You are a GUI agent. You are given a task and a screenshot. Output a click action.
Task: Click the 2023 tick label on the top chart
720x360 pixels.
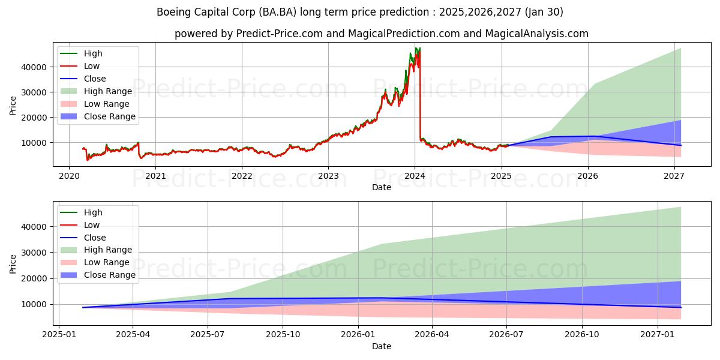point(328,176)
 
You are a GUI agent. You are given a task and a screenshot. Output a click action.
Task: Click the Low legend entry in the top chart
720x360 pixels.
point(92,66)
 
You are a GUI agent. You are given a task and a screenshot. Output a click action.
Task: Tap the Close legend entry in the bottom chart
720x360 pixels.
point(95,238)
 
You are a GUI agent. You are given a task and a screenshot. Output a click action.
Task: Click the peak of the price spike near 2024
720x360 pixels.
point(416,48)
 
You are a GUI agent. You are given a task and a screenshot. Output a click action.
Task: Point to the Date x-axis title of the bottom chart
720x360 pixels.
point(382,346)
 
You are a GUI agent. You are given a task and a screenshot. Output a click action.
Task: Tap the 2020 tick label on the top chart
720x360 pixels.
point(69,176)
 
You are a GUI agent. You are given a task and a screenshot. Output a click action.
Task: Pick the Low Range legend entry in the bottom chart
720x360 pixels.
point(107,262)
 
